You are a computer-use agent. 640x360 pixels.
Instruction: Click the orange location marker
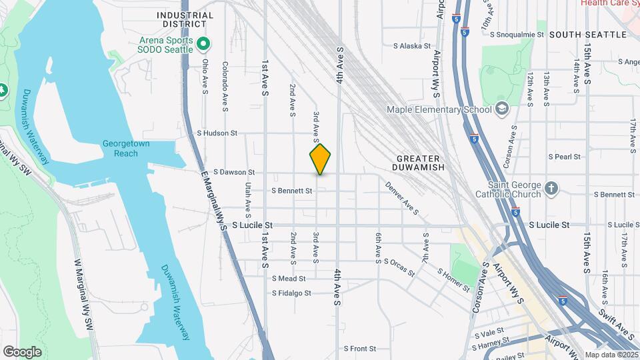pos(320,159)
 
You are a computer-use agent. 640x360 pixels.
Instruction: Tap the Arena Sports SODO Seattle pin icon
pos(205,45)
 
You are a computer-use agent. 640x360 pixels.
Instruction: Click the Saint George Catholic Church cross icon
pos(551,189)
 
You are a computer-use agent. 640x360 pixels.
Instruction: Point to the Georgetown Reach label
pos(120,149)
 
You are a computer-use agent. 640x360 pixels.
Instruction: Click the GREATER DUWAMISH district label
pos(418,163)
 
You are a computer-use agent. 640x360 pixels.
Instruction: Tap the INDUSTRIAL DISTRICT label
pos(185,19)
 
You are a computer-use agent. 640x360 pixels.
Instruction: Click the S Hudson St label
pos(217,133)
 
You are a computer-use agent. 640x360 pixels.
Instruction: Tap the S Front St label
pos(360,348)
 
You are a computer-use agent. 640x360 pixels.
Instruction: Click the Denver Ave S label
pos(401,198)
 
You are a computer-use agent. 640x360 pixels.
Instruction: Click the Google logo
pos(22,352)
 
